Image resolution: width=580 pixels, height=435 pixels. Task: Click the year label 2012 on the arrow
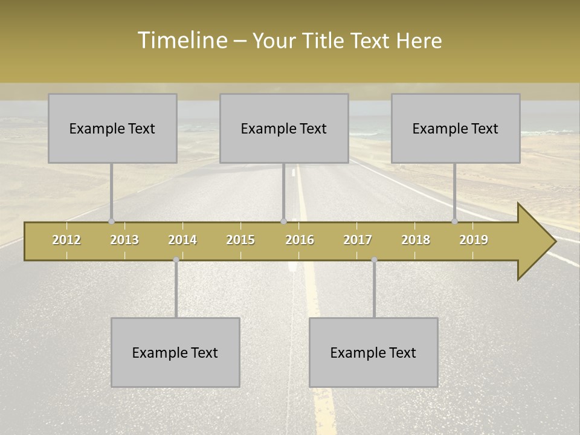pos(66,240)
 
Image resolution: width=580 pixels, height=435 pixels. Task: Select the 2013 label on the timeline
pos(124,240)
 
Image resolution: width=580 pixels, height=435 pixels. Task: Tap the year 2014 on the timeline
pos(182,240)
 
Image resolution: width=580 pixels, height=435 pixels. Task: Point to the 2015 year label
pos(240,240)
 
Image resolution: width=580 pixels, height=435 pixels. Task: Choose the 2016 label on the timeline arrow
pos(300,240)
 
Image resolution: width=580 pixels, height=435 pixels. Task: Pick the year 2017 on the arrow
pos(358,240)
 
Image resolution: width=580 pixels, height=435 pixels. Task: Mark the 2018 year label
pos(416,240)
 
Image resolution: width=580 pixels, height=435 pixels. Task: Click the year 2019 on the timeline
pos(474,240)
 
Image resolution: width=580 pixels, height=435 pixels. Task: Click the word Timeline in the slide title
pos(181,40)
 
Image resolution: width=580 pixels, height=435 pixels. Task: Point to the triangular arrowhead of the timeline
pos(535,241)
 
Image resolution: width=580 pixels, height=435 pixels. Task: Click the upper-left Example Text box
pos(112,128)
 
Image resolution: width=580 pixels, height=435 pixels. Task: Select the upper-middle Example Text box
pos(284,128)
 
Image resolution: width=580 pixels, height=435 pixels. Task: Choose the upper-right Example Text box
pos(456,128)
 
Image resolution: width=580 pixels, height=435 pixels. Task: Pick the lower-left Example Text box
pos(175,352)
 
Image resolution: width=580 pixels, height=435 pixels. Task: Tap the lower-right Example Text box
pos(373,352)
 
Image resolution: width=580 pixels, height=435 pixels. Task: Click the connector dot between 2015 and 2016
pos(284,222)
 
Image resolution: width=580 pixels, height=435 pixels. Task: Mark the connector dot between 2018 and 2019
pos(455,222)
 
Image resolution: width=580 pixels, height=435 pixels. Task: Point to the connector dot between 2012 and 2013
pos(112,222)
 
